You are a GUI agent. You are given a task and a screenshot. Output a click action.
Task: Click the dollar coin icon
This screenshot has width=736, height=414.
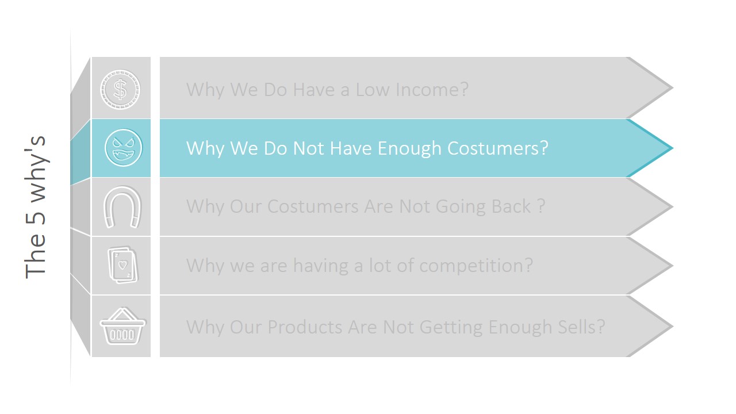point(120,89)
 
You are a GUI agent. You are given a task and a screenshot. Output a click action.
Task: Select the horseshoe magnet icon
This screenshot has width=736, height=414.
point(121,207)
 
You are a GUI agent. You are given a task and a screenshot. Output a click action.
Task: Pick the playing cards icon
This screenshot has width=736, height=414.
point(123,265)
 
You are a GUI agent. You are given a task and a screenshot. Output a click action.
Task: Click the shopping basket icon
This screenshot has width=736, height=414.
point(122,326)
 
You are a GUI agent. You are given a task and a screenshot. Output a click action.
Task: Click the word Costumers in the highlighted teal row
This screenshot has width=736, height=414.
point(497,148)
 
